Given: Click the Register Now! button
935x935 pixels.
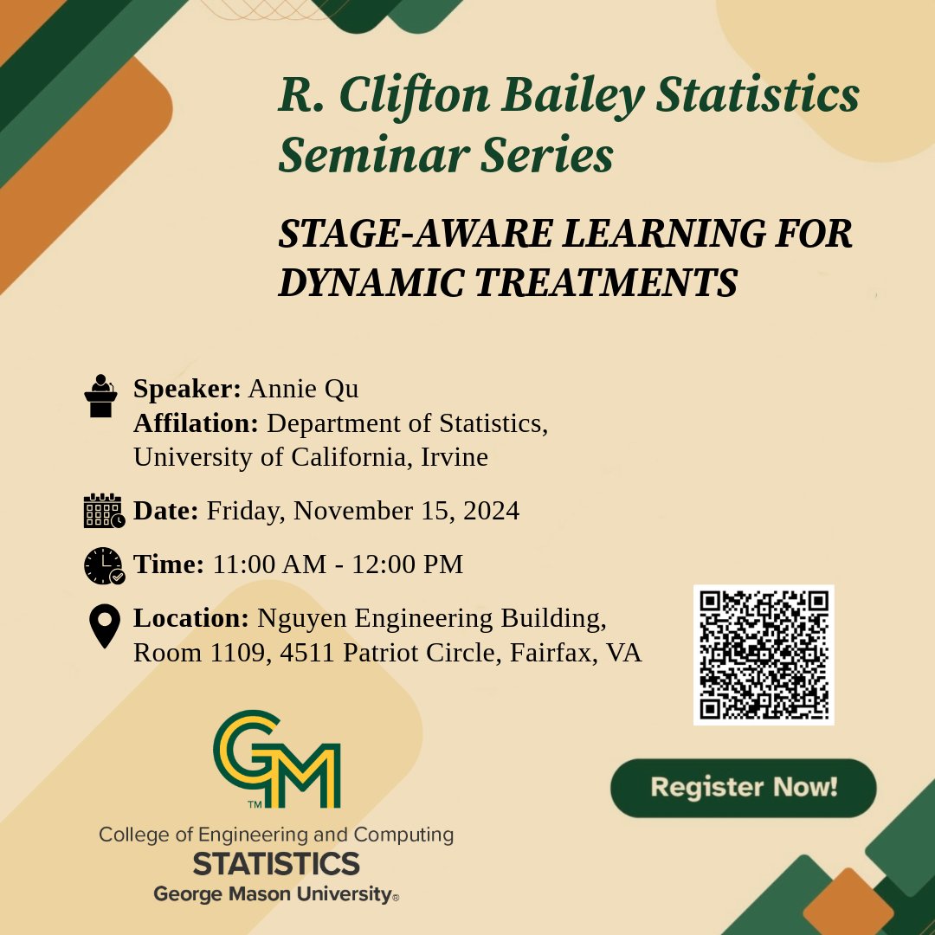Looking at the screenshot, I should pos(743,788).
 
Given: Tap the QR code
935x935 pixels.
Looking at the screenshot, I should pos(764,654).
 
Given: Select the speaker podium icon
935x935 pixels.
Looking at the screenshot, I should pos(101,397).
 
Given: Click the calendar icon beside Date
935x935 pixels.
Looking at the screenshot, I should pos(104,511).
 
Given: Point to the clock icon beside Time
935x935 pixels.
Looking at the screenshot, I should pos(104,565).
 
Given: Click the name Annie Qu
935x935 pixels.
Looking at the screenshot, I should pos(303,390).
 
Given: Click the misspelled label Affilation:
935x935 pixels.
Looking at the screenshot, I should pos(196,423).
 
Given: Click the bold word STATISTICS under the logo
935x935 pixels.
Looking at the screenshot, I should pos(276,863).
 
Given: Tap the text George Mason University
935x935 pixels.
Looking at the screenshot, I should pos(273,893).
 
